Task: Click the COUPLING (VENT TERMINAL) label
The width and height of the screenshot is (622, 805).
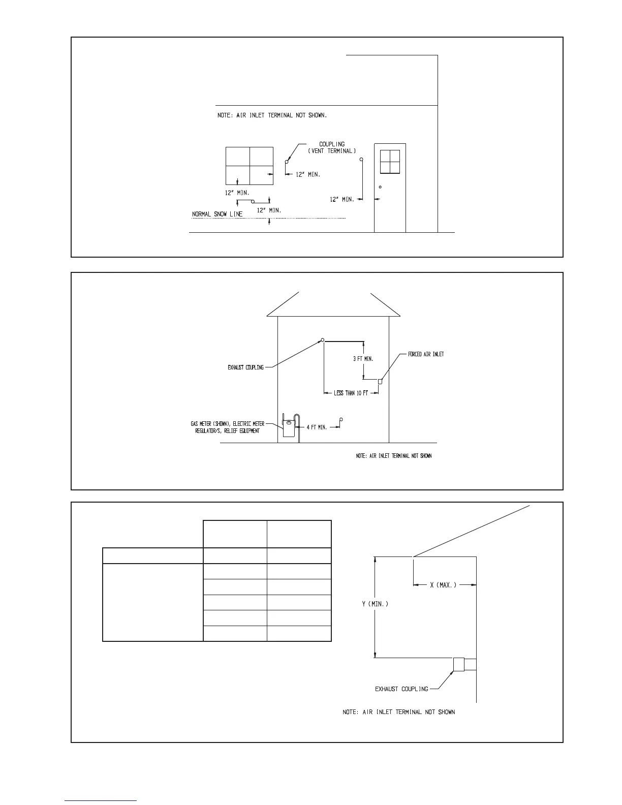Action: coord(332,147)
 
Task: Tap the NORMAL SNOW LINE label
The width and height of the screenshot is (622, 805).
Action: coord(217,214)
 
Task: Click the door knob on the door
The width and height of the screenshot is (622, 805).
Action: coord(380,188)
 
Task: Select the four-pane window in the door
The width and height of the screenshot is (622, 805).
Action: coord(390,162)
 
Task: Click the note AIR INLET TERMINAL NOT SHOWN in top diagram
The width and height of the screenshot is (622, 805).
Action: coord(272,115)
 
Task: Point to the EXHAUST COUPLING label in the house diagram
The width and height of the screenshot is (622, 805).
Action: coord(245,367)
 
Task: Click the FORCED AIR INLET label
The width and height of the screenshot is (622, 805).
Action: coord(426,354)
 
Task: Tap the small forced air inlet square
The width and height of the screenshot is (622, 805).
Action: coord(380,382)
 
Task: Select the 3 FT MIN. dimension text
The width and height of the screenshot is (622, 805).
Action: coord(363,359)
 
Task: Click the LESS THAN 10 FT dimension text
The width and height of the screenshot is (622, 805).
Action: coord(351,393)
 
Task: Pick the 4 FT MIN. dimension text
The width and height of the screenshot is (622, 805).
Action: coord(317,427)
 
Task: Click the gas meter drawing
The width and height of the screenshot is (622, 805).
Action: coord(289,427)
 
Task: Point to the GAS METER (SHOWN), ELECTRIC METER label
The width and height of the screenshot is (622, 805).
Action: coord(228,423)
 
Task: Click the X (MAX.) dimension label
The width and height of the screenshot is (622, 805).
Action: coord(443,585)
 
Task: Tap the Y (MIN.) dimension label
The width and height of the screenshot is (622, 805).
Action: coord(375,604)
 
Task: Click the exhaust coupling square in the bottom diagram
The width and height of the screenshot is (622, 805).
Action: coord(458,664)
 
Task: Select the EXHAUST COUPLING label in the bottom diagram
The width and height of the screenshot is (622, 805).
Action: coord(401,689)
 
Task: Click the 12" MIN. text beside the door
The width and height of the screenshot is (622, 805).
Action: coord(342,200)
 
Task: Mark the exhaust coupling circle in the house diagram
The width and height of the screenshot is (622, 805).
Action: coord(322,340)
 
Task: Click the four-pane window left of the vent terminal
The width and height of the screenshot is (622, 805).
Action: coord(250,166)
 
